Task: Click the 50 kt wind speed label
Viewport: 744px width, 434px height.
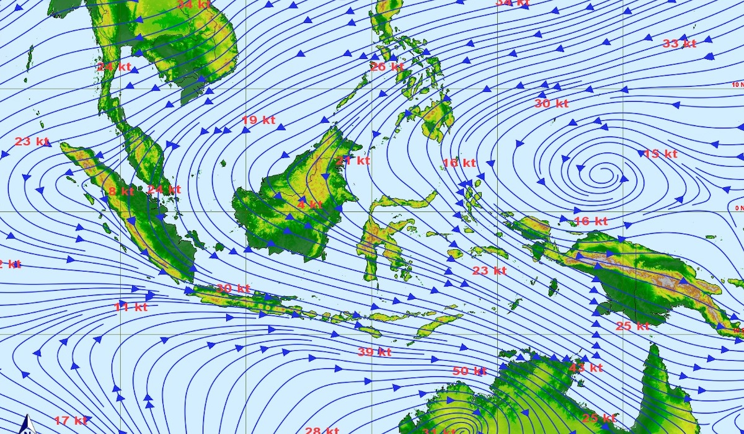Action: pyautogui.click(x=469, y=371)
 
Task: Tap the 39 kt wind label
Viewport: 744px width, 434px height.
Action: pyautogui.click(x=374, y=352)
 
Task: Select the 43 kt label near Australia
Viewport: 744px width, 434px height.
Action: pyautogui.click(x=585, y=368)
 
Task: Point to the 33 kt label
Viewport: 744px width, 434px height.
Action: pyautogui.click(x=679, y=43)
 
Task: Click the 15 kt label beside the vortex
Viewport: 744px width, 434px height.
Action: pyautogui.click(x=660, y=154)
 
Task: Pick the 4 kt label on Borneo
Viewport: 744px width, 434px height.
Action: pyautogui.click(x=310, y=205)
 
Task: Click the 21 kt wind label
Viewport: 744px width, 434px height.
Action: pyautogui.click(x=352, y=161)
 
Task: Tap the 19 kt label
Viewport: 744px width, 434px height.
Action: pyautogui.click(x=258, y=120)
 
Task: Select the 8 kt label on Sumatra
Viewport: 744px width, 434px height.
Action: pyautogui.click(x=121, y=191)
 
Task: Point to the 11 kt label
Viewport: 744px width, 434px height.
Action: pyautogui.click(x=131, y=306)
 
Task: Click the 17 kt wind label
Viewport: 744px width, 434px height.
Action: pyautogui.click(x=70, y=420)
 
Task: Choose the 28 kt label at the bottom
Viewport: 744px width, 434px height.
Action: pyautogui.click(x=322, y=430)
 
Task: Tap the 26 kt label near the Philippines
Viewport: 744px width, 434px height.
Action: pyautogui.click(x=387, y=66)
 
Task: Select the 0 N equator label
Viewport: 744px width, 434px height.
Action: pyautogui.click(x=738, y=208)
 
